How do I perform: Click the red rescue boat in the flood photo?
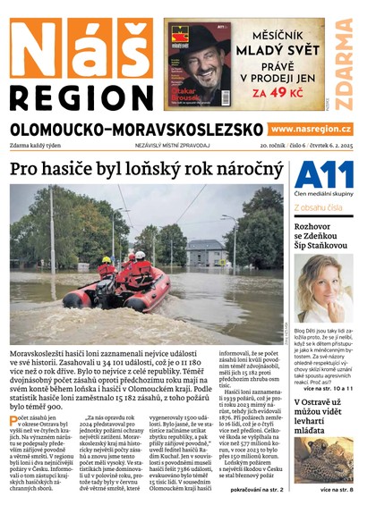click(116, 290)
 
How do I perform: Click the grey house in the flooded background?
click(206, 251)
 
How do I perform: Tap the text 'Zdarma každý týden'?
click(40, 145)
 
